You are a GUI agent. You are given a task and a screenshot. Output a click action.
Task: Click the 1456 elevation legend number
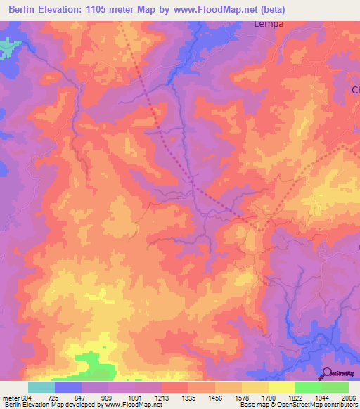tap(216, 398)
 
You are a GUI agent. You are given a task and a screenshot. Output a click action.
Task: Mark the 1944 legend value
tap(323, 398)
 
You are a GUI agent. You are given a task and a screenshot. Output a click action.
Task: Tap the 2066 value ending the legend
tap(349, 398)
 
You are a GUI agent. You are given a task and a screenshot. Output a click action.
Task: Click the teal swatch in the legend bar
tap(41, 387)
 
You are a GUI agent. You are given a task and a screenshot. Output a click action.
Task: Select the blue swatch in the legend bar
tap(68, 387)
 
